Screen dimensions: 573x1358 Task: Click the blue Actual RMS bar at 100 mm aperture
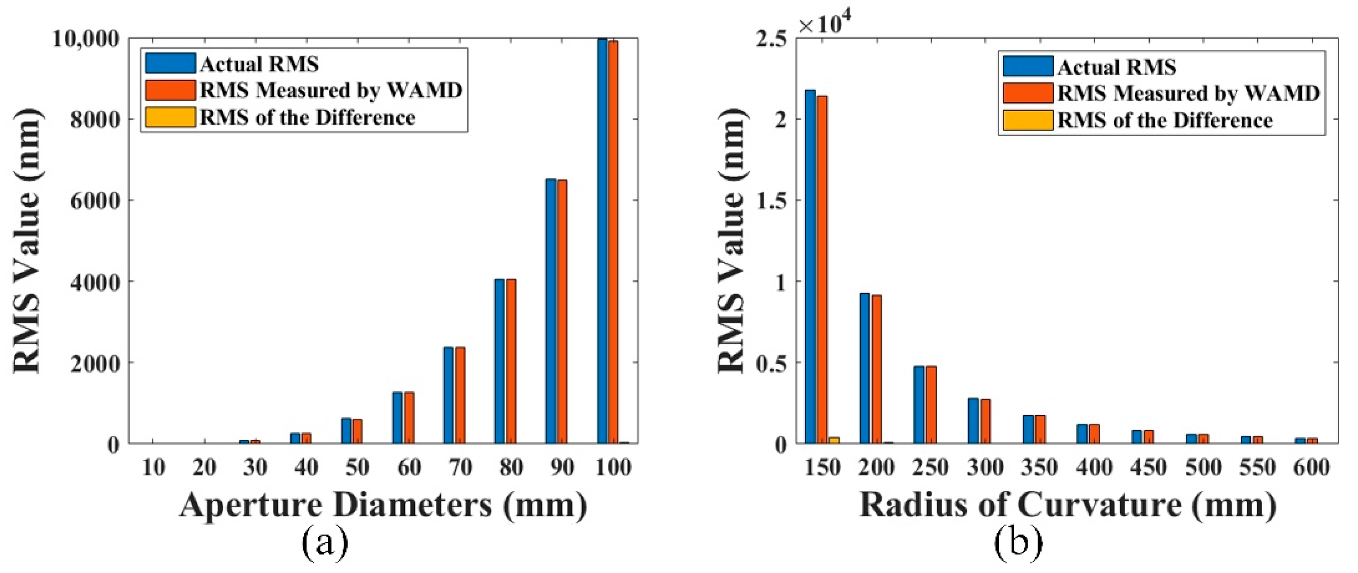[602, 240]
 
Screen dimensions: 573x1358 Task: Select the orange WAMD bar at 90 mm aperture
[562, 311]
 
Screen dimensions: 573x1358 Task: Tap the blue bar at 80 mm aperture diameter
[500, 361]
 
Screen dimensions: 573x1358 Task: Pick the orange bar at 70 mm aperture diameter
[460, 395]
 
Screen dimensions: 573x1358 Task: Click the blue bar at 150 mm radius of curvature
[810, 266]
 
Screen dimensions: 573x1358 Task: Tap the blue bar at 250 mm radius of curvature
[919, 405]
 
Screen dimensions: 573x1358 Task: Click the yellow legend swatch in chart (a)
[170, 117]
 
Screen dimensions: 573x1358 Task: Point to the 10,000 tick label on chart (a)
[85, 38]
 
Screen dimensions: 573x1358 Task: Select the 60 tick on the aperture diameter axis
[409, 467]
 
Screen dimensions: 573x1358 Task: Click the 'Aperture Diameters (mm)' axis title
[383, 505]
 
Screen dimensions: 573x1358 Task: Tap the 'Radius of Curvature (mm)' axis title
[1068, 505]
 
